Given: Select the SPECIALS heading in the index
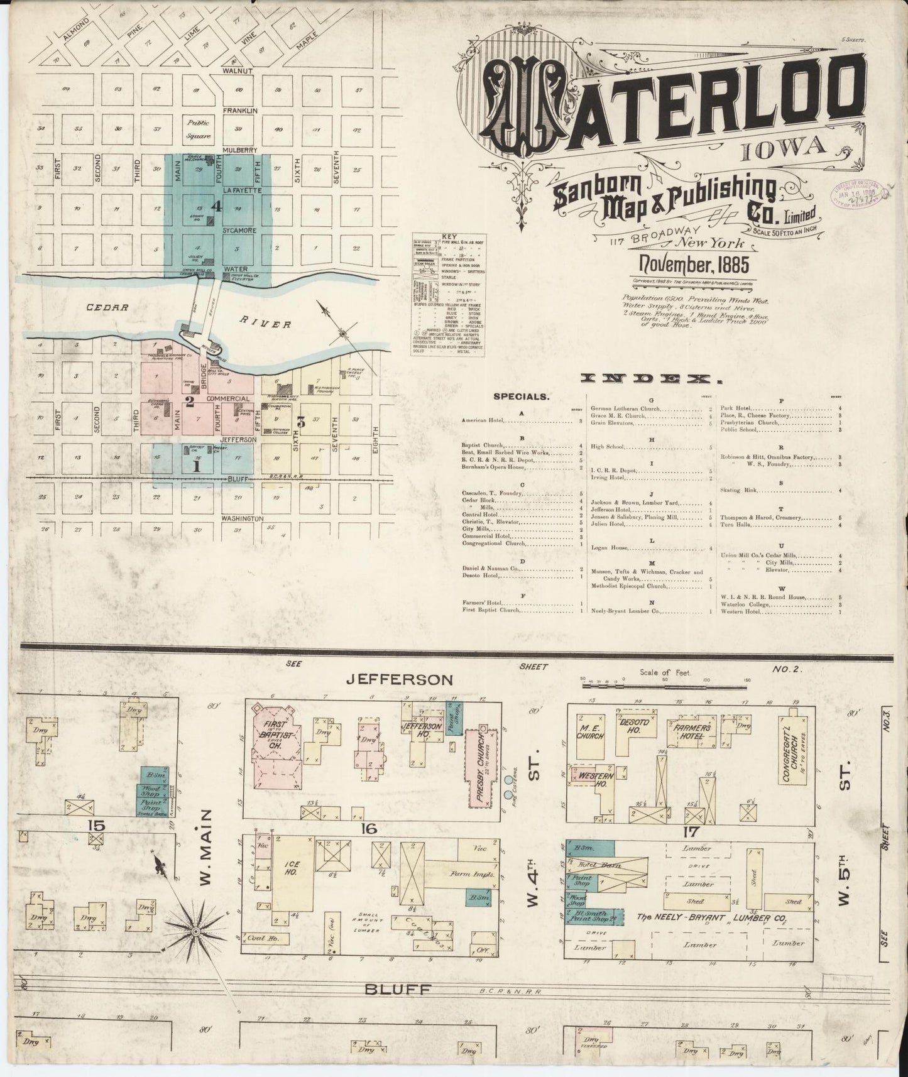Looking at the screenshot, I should pos(522,397).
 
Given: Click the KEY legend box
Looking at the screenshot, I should pos(449,295).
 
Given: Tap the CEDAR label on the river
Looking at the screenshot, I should pos(113,308).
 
